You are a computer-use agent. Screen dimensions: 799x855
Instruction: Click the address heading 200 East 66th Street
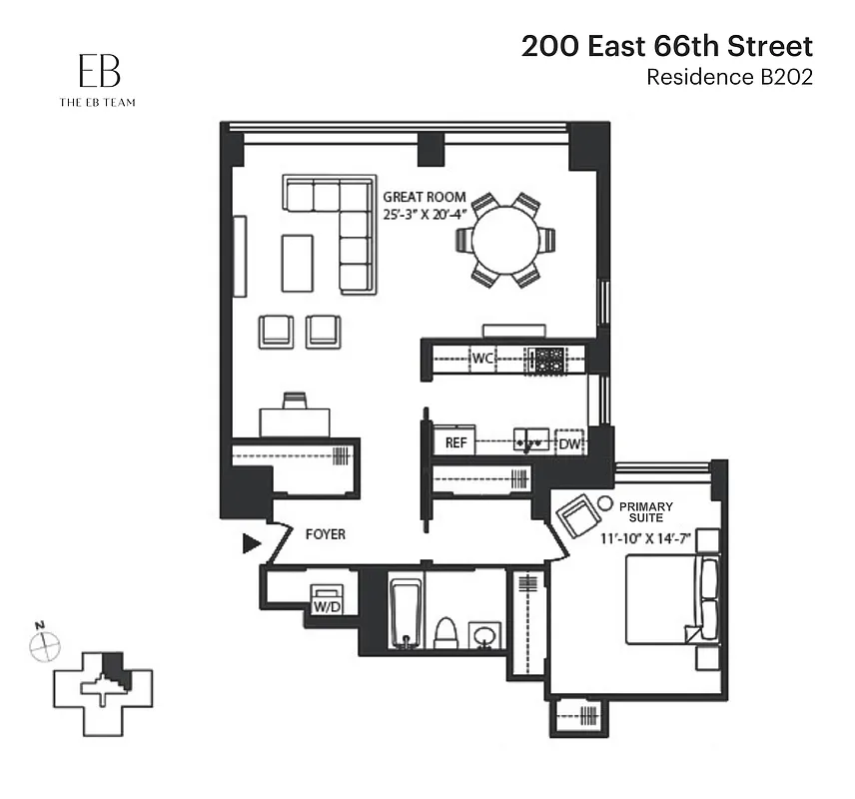[x=666, y=46]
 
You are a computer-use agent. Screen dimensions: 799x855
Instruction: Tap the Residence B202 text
[x=729, y=77]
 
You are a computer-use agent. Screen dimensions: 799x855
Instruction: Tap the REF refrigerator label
[x=455, y=441]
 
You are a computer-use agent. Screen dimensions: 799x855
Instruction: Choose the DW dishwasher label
[x=569, y=442]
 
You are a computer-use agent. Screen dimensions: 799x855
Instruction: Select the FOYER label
[x=325, y=534]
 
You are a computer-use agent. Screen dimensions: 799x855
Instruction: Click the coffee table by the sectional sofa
[x=298, y=263]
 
